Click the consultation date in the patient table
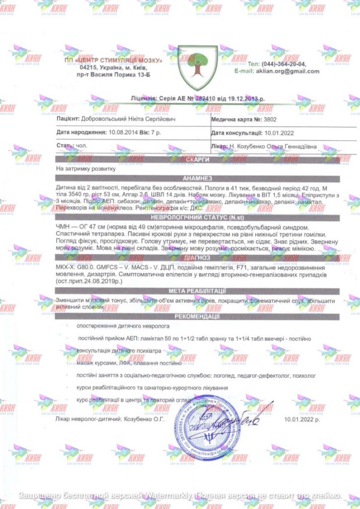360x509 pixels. (x=281, y=133)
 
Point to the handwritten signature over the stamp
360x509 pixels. (x=239, y=419)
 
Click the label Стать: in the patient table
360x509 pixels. (x=65, y=146)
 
